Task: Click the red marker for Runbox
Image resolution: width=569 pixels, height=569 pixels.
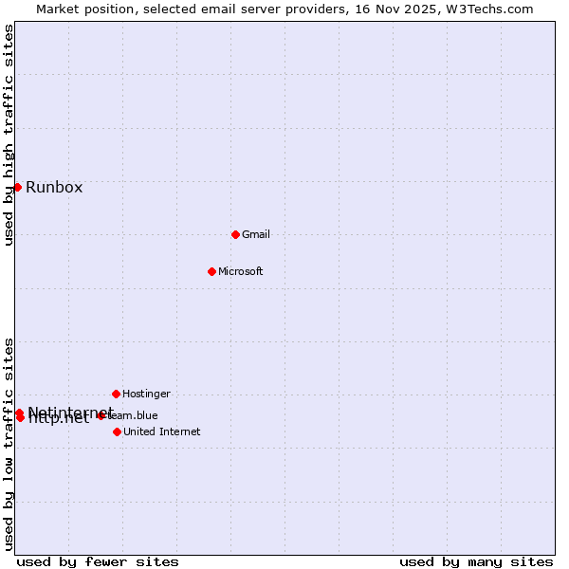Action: click(x=17, y=187)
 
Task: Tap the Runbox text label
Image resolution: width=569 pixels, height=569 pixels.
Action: click(x=54, y=187)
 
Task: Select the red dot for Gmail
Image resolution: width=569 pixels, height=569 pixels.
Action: click(x=235, y=234)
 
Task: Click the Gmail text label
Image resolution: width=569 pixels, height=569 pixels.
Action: click(x=256, y=234)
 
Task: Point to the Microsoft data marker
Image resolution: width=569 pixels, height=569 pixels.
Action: click(x=211, y=271)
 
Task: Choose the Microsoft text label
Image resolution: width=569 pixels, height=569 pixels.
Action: click(x=240, y=271)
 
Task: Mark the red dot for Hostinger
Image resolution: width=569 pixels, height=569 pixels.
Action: click(x=116, y=394)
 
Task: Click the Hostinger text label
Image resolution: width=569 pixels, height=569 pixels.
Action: click(x=146, y=394)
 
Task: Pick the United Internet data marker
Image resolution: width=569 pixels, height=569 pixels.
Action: click(x=117, y=431)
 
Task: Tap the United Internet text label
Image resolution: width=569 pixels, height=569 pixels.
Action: click(x=161, y=431)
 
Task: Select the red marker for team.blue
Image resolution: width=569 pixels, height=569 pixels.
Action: click(x=101, y=415)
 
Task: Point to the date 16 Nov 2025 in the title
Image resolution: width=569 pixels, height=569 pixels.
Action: click(x=403, y=9)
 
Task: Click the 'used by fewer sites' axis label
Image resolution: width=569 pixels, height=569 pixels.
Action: click(x=98, y=561)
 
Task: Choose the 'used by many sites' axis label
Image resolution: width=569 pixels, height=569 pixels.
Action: click(x=476, y=561)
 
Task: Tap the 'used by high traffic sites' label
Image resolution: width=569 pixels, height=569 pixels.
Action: click(x=9, y=136)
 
